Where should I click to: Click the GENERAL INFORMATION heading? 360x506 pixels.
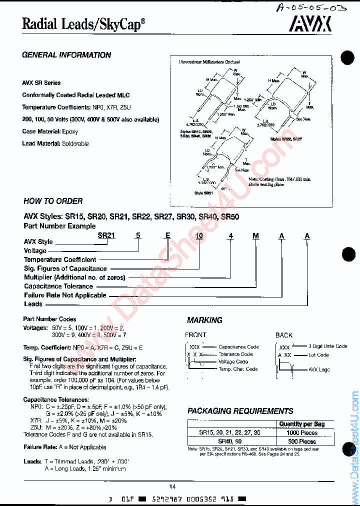pyautogui.click(x=66, y=55)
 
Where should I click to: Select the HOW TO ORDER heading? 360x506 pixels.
pyautogui.click(x=53, y=201)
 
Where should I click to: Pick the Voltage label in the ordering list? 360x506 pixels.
pyautogui.click(x=35, y=250)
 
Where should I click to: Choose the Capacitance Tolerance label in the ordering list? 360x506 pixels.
pyautogui.click(x=58, y=286)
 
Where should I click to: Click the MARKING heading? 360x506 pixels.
pyautogui.click(x=204, y=320)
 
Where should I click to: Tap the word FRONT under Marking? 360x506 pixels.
pyautogui.click(x=195, y=334)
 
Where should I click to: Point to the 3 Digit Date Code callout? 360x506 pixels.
pyautogui.click(x=327, y=346)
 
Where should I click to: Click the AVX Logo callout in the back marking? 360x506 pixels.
pyautogui.click(x=319, y=369)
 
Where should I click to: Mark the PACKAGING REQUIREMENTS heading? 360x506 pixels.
pyautogui.click(x=240, y=411)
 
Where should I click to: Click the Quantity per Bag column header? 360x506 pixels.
pyautogui.click(x=301, y=424)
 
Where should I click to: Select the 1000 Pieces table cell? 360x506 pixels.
pyautogui.click(x=301, y=433)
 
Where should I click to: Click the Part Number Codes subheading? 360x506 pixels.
pyautogui.click(x=49, y=319)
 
